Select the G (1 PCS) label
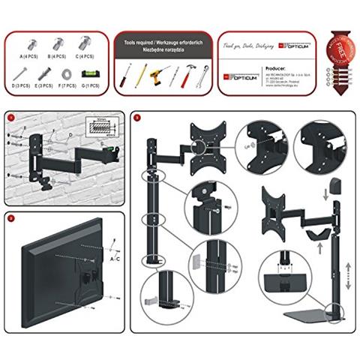tap(91, 87)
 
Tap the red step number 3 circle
tap(135, 118)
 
